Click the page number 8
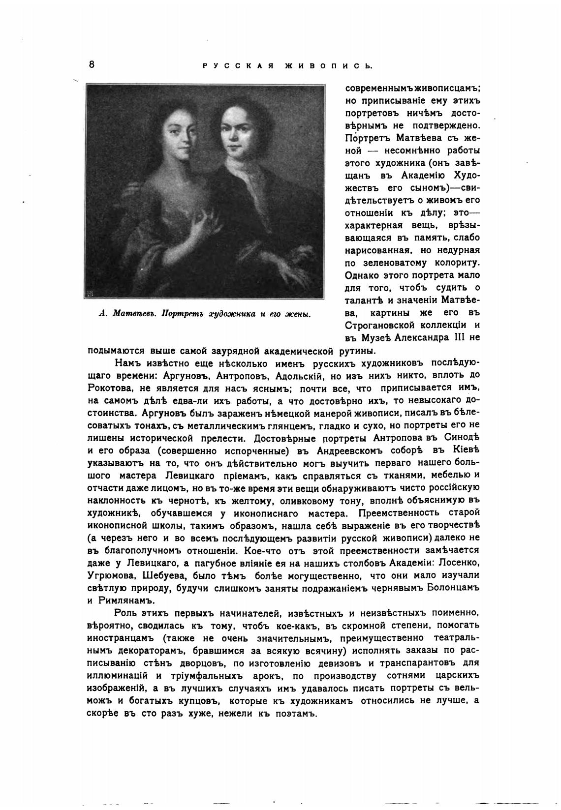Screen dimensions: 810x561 92,64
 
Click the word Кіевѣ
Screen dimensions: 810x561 464,450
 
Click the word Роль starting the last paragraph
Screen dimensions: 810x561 125,613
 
